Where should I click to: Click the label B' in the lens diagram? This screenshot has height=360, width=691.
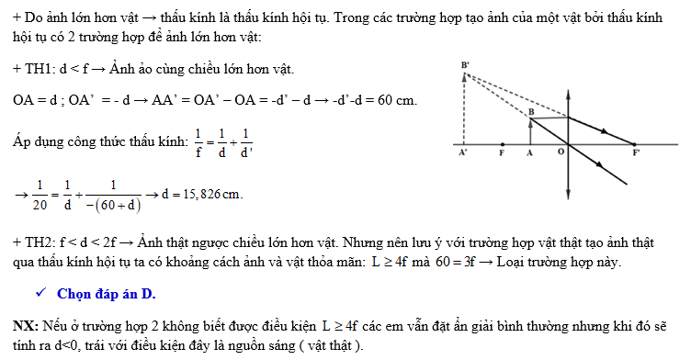(x=467, y=65)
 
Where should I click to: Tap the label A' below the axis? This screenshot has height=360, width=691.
(x=463, y=155)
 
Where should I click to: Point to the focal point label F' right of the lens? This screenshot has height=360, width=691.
(x=636, y=155)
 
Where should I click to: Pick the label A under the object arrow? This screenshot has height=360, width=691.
(x=530, y=155)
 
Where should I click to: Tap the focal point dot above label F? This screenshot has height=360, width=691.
(x=502, y=144)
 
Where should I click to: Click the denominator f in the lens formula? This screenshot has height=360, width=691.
(x=198, y=152)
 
